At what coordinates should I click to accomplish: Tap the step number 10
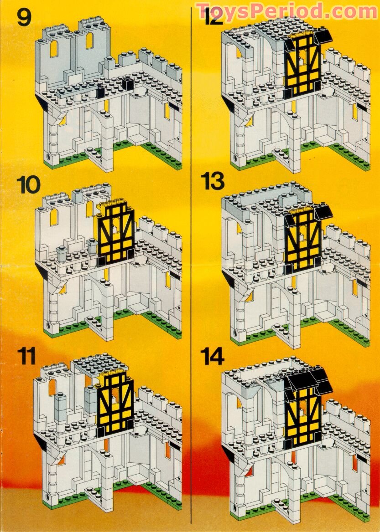pos(28,185)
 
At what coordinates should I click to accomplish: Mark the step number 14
pos(214,357)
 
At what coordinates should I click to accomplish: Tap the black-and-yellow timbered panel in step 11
pos(116,401)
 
